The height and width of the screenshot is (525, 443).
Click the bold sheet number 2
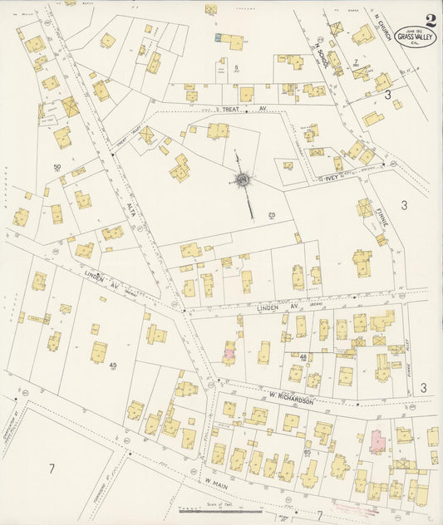click(430, 20)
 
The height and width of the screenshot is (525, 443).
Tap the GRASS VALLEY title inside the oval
click(414, 37)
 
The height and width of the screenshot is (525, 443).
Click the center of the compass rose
click(243, 179)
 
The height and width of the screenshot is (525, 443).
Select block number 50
click(57, 168)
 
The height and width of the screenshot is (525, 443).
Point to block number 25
click(272, 215)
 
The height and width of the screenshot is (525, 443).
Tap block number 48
click(303, 357)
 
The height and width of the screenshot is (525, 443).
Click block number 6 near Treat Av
click(236, 67)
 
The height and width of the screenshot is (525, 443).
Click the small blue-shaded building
click(218, 38)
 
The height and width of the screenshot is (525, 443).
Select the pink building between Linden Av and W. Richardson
click(229, 352)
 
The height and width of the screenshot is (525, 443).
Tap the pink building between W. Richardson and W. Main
click(377, 441)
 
